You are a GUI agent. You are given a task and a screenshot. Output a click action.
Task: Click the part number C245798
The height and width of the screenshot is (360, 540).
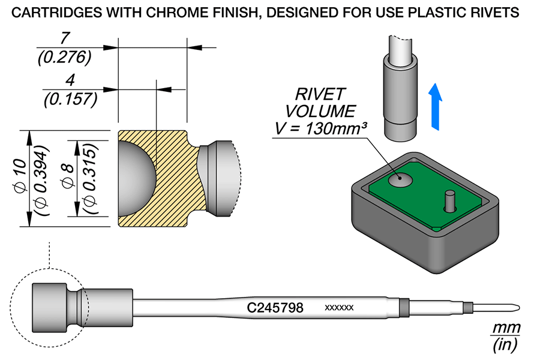click(x=275, y=307)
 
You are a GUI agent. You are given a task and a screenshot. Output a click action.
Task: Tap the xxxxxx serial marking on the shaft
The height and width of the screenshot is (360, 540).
click(x=339, y=307)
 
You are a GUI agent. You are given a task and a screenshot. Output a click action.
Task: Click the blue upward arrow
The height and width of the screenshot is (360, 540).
click(x=436, y=107)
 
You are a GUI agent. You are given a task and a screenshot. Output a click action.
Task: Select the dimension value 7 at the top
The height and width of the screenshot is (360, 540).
click(x=65, y=38)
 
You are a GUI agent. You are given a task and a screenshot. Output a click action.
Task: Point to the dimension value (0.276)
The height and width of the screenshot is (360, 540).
click(x=64, y=57)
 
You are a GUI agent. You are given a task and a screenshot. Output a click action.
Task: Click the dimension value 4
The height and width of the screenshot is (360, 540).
click(x=70, y=80)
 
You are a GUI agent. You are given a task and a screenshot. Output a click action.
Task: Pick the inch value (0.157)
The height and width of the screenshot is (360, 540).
click(x=71, y=99)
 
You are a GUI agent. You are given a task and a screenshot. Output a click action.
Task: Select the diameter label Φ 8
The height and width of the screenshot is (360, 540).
click(x=68, y=176)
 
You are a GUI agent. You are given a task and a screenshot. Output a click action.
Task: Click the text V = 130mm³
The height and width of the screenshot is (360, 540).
click(x=320, y=129)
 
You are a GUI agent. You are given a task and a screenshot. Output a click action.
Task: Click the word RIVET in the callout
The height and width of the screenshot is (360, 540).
click(x=320, y=94)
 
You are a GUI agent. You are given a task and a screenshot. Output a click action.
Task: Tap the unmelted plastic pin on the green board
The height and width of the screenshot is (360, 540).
click(x=449, y=200)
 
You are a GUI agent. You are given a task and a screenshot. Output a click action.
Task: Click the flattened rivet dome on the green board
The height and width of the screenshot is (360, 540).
click(x=400, y=179)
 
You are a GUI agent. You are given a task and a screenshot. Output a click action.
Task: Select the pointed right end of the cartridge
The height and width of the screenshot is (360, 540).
click(x=519, y=307)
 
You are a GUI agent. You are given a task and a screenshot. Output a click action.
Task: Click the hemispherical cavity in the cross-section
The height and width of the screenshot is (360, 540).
click(x=137, y=178)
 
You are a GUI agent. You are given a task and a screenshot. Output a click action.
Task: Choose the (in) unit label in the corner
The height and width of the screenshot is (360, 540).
click(x=505, y=344)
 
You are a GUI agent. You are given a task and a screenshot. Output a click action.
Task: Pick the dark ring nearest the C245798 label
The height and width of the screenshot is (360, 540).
click(x=404, y=307)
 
